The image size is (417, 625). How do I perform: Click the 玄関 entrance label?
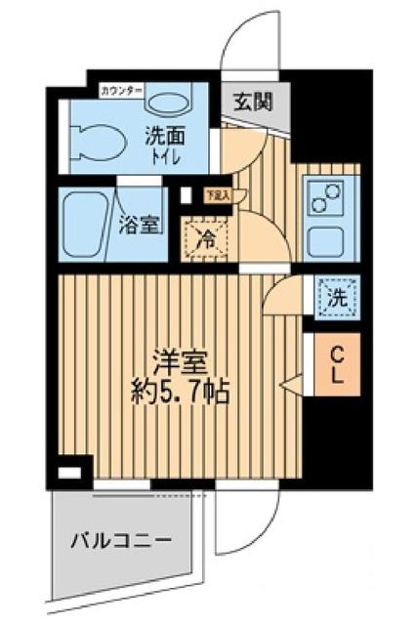click(252, 100)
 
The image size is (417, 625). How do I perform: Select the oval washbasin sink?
click(172, 104)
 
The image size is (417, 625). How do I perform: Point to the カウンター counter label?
click(121, 91)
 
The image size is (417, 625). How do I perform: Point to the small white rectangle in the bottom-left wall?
click(68, 476)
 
